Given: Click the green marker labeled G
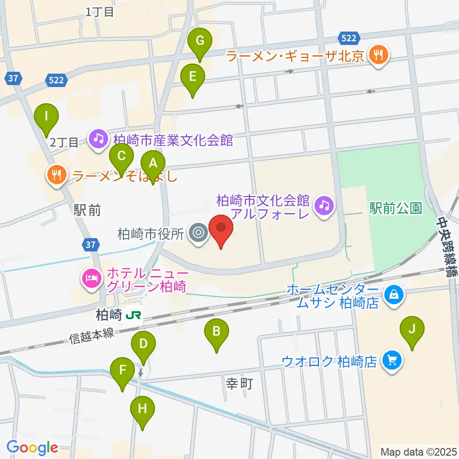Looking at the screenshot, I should click(200, 42).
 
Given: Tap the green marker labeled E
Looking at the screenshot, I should click(193, 76).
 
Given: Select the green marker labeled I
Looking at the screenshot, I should click(46, 116).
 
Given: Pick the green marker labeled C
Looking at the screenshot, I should click(121, 156).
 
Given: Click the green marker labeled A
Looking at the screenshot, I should click(153, 163).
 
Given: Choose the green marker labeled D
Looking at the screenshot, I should click(143, 343).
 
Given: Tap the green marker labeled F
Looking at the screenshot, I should click(123, 370).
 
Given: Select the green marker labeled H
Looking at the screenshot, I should click(142, 409).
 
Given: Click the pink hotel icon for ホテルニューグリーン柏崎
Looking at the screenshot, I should click(91, 279).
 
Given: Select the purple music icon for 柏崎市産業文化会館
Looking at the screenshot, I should click(98, 140).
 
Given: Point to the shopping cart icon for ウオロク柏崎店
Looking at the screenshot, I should click(393, 360).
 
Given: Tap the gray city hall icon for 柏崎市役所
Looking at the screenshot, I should click(197, 234).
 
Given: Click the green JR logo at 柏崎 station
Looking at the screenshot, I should click(134, 315).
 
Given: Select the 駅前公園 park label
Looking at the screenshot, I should click(395, 208).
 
